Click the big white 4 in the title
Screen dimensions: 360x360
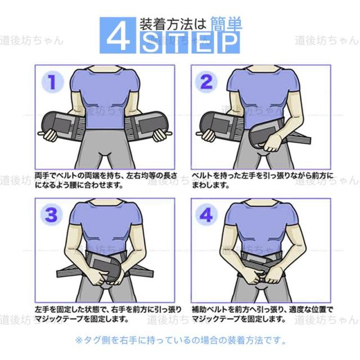118,35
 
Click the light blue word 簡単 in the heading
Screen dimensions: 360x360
226,24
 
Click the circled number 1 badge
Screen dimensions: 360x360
52,82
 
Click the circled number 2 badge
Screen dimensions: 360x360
206,82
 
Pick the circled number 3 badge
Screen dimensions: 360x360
51,215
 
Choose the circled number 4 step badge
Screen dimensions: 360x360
206,215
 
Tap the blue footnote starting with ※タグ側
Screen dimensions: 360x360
181,340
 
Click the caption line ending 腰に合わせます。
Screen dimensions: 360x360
79,185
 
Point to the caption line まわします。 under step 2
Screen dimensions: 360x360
210,185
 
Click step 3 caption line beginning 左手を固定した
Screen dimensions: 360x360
108,309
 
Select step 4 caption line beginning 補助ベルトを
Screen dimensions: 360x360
262,309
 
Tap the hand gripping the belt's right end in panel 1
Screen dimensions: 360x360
162,136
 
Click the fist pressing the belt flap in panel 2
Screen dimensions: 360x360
271,143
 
